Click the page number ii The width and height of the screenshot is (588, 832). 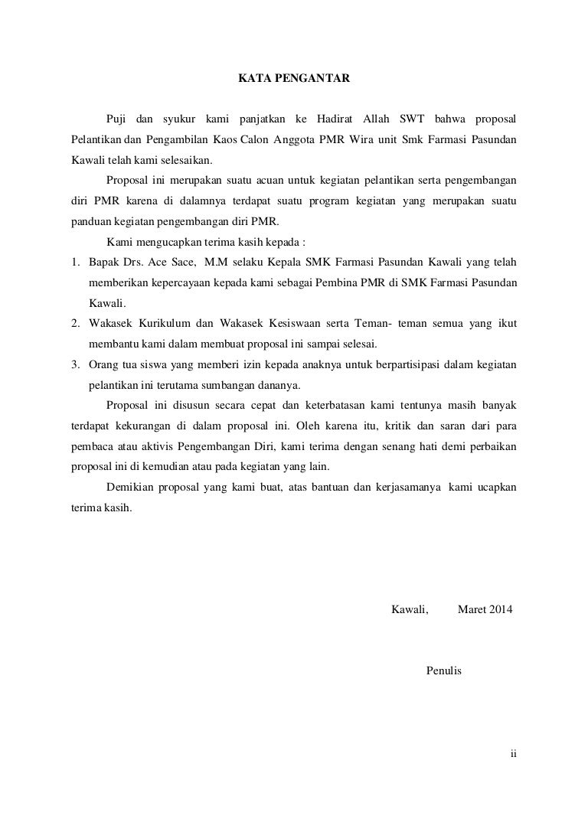[514, 752]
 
